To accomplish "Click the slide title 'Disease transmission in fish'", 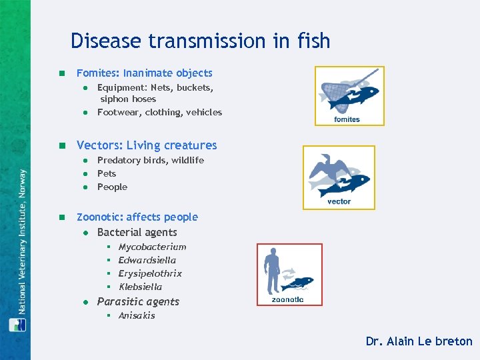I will click(x=200, y=41).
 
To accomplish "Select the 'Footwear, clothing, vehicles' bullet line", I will click(x=159, y=112).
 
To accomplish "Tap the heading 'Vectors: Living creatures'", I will click(x=147, y=145).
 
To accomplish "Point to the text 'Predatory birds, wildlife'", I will click(x=150, y=160).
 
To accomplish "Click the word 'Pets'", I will click(x=107, y=173).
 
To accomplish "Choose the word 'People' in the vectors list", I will click(x=112, y=187).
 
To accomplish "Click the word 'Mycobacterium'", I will click(x=152, y=247).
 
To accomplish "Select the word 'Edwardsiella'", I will click(x=147, y=260).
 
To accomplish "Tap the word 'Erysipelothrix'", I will click(x=150, y=273).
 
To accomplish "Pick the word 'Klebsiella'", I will click(x=140, y=287).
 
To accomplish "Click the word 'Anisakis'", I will click(x=137, y=315).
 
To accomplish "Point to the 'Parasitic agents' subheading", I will click(x=138, y=301).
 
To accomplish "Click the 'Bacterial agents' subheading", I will click(x=137, y=232).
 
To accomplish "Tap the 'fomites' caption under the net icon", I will click(x=347, y=119).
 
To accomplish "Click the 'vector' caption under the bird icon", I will click(x=339, y=201).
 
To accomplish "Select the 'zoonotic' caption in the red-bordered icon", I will click(x=288, y=299).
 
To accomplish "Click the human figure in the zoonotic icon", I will click(x=271, y=270).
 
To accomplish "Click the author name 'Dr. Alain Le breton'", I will click(x=419, y=341).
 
